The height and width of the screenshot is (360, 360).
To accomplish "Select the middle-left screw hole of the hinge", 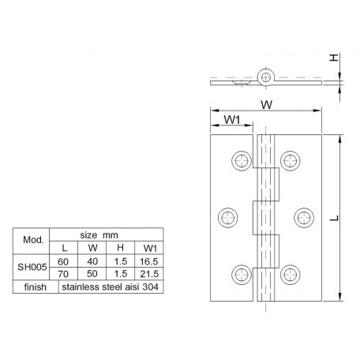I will point(227,216).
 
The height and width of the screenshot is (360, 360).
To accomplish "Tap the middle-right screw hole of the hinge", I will point(302,216).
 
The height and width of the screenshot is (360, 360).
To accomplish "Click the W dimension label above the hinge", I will point(268,103).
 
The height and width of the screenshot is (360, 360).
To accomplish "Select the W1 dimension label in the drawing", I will point(231,120).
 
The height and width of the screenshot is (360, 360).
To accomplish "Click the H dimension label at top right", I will point(335,58).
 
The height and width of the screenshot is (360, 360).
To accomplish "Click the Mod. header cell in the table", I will point(32,240).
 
